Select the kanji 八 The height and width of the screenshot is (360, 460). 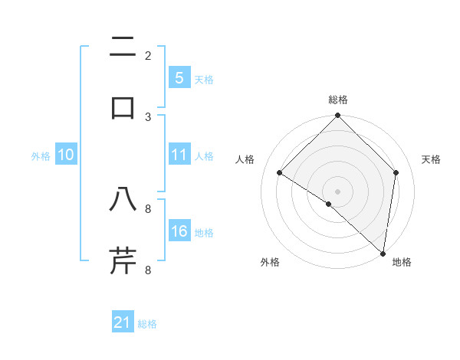(123, 200)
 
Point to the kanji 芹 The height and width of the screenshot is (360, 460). (123, 260)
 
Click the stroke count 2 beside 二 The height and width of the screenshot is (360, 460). (148, 55)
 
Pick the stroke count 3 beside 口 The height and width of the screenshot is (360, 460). (148, 116)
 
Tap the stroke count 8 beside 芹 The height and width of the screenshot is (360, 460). (148, 270)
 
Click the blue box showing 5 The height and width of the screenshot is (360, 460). (179, 77)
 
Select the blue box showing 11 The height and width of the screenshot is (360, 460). (179, 155)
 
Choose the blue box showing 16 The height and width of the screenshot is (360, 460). (179, 231)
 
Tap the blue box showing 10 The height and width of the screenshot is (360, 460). (66, 155)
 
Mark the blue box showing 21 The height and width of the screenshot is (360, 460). (123, 322)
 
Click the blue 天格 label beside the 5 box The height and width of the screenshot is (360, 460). (204, 80)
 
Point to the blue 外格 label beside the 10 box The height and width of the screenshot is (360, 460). (41, 156)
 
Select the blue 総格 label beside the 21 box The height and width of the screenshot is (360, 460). (147, 324)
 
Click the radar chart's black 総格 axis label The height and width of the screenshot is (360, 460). (338, 100)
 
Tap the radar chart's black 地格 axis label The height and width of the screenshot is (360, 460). (402, 262)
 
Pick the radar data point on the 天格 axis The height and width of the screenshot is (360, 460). (396, 172)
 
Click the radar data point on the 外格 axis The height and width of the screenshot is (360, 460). (328, 204)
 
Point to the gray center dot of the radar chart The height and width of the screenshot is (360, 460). (338, 191)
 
